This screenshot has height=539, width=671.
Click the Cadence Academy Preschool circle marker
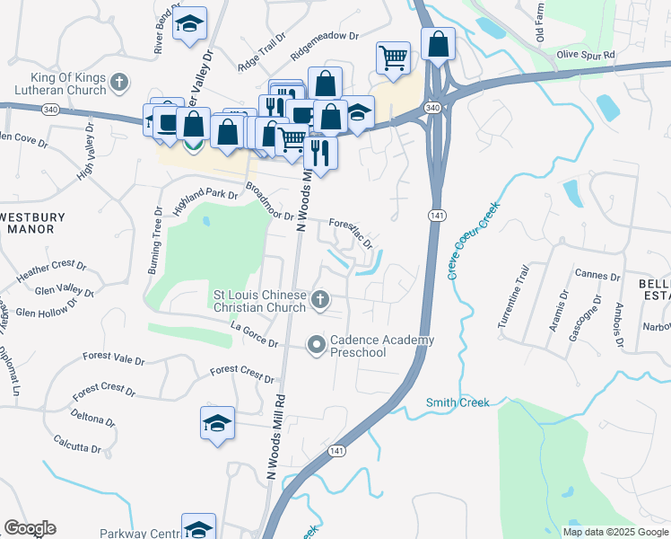(316, 344)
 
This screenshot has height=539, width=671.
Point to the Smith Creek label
(457, 402)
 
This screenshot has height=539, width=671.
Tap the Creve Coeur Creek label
(472, 239)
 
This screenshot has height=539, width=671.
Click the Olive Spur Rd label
(585, 55)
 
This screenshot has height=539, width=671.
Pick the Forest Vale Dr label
(113, 359)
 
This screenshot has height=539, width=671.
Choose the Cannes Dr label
(598, 276)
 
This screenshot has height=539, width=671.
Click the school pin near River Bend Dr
(189, 25)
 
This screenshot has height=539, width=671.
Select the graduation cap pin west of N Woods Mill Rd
(217, 423)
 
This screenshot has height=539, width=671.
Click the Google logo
(30, 528)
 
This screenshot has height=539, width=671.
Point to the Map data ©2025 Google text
(614, 532)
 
